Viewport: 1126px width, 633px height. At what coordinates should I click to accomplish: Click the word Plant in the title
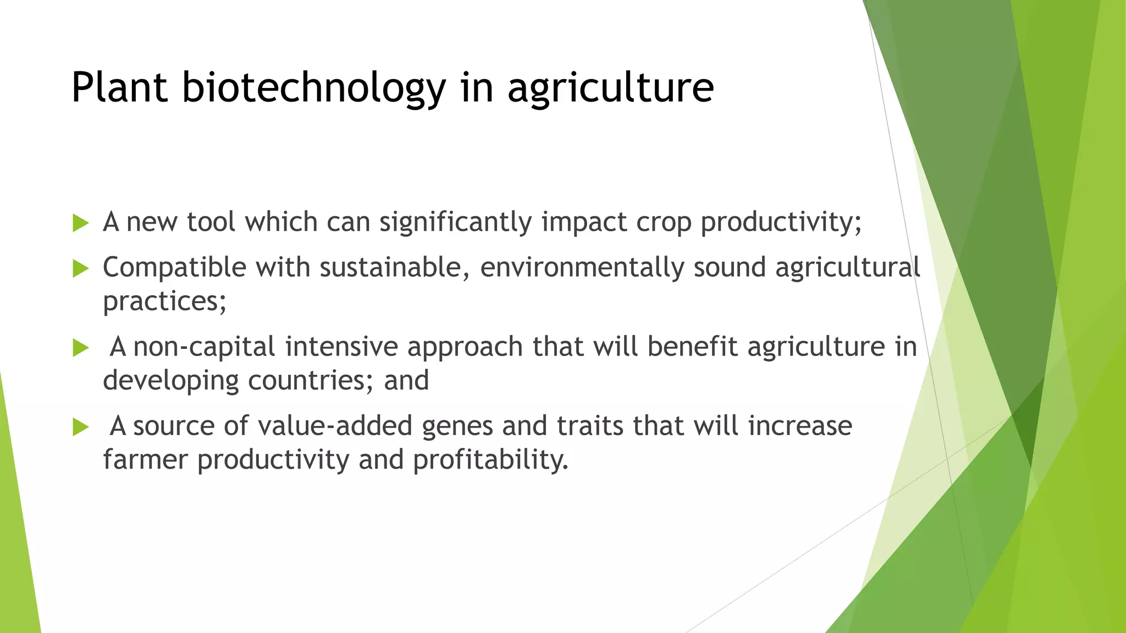pos(119,88)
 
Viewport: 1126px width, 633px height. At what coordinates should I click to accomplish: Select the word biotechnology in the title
pos(313,88)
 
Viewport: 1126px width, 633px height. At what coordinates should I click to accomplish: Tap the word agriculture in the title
pos(610,88)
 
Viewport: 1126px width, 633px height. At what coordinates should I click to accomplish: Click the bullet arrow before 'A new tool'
pos(81,223)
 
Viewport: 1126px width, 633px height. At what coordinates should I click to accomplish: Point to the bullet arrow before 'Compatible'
pos(81,269)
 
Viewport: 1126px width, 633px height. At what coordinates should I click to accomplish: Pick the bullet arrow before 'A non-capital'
pos(81,348)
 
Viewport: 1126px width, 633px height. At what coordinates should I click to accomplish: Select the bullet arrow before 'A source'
pos(81,427)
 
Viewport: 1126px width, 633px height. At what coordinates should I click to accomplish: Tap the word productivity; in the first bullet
pos(781,223)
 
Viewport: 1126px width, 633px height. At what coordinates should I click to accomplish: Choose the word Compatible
pos(174,268)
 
